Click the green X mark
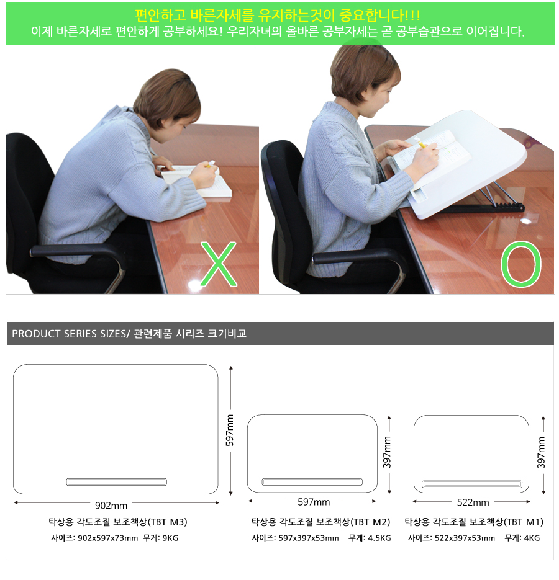(219, 264)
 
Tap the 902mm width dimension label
(111, 506)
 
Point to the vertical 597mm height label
(230, 430)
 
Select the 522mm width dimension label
(473, 502)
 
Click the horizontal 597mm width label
(314, 502)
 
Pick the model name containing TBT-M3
(118, 522)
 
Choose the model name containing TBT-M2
(321, 522)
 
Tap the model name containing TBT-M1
(474, 522)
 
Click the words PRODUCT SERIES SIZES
(70, 334)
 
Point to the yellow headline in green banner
(278, 15)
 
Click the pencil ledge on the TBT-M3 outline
(116, 482)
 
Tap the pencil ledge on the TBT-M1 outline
(472, 484)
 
